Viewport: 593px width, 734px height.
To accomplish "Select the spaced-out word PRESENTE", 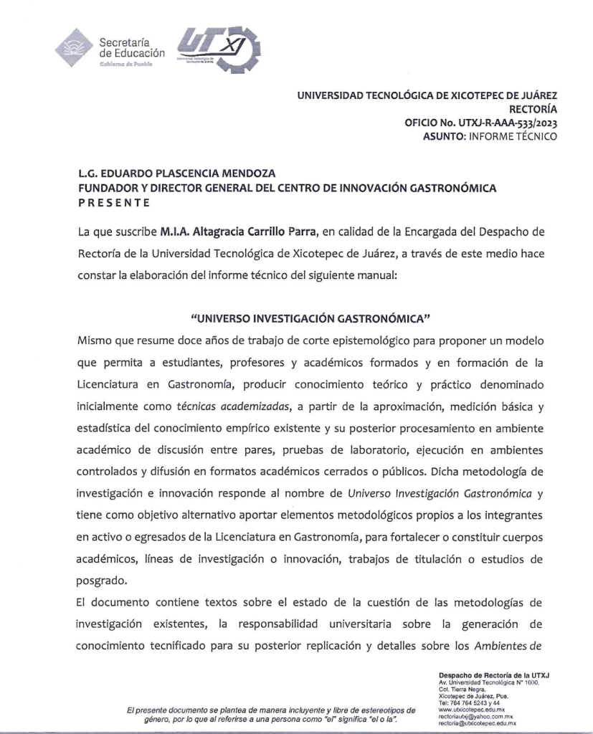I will click(x=114, y=203).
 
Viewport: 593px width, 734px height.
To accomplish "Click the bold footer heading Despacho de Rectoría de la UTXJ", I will click(x=493, y=675).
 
